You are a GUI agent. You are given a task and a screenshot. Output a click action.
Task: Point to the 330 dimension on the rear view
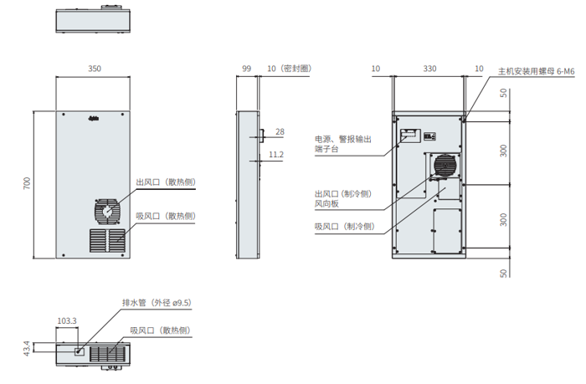(x=429, y=69)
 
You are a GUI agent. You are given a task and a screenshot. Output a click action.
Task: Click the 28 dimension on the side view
(x=280, y=131)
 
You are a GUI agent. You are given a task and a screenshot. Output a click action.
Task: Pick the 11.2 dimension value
(x=277, y=155)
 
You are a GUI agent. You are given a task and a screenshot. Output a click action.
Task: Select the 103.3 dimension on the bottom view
(x=67, y=320)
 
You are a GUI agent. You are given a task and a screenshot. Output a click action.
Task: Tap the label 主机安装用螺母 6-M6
(x=536, y=72)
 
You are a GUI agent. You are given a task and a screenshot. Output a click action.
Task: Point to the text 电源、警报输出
(x=342, y=139)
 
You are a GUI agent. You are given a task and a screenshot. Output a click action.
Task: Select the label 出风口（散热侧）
(x=165, y=182)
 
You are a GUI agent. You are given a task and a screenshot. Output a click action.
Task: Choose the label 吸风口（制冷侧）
(x=343, y=227)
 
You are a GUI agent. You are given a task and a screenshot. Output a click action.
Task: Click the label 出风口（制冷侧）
(x=343, y=192)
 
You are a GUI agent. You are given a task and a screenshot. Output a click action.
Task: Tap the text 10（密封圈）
(x=289, y=69)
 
